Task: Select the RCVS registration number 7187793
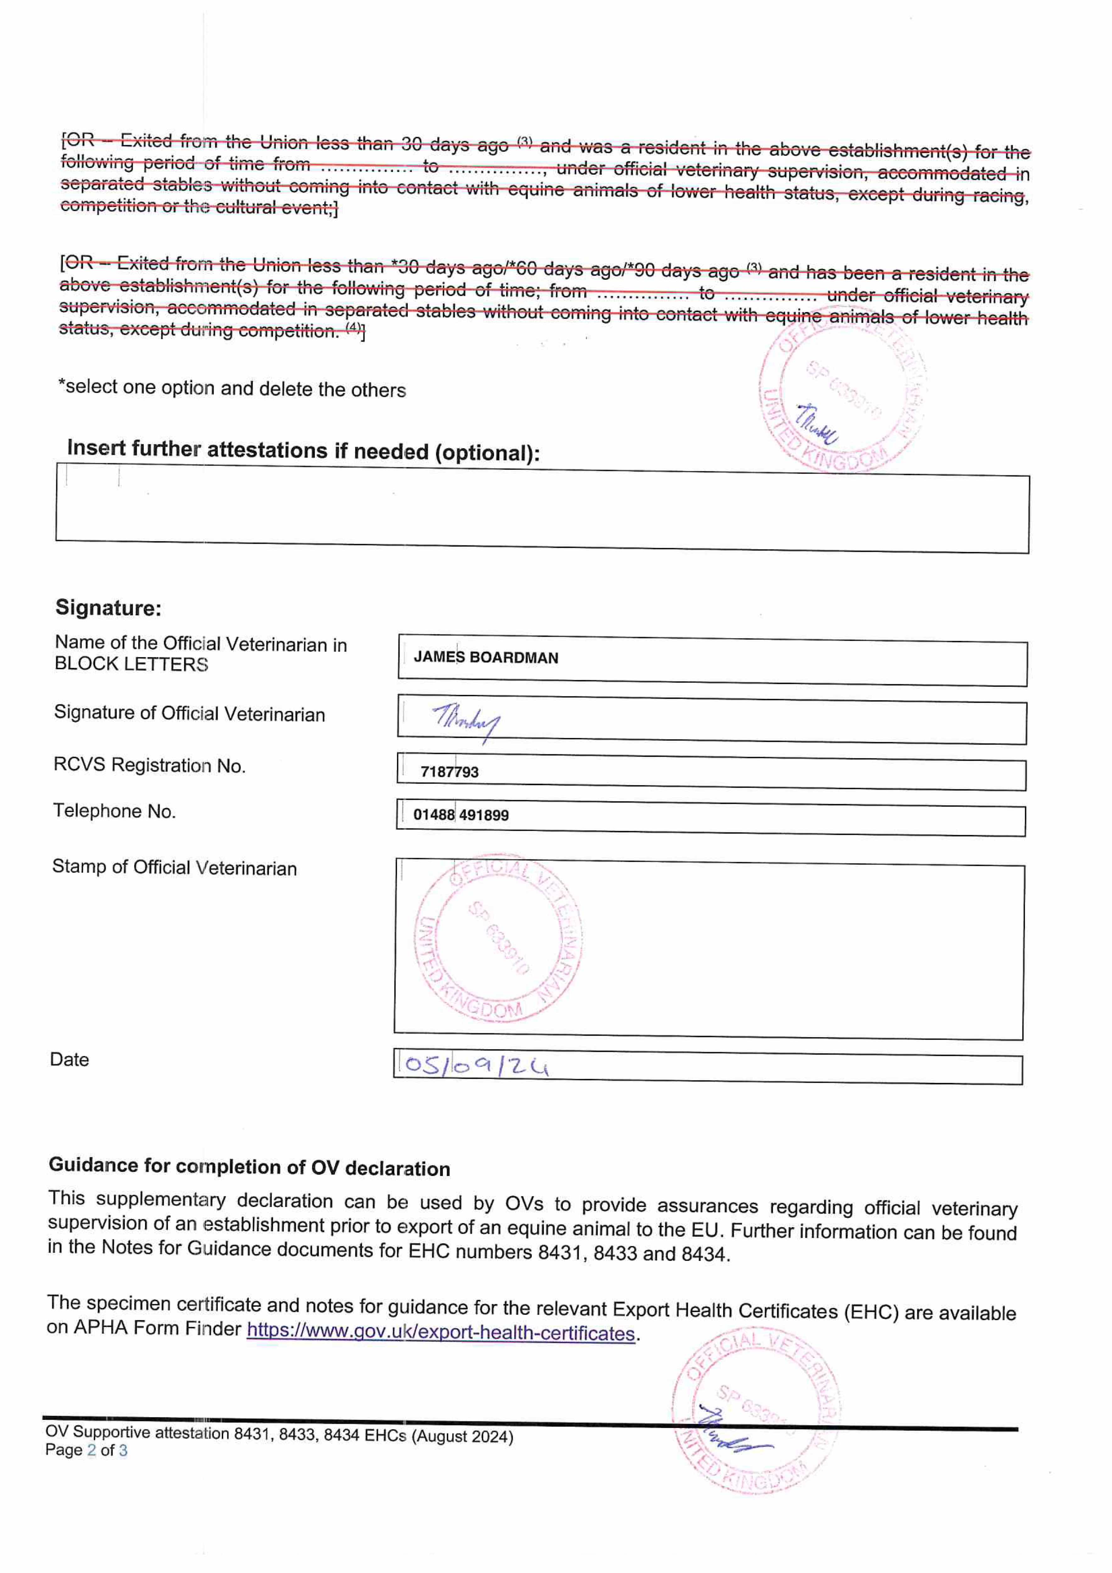pos(450,772)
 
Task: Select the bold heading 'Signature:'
pos(108,608)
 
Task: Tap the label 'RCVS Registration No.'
pos(149,765)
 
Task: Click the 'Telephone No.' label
pos(115,811)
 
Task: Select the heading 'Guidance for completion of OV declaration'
pos(249,1167)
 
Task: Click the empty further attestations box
pos(541,510)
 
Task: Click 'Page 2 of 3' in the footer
pos(86,1450)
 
